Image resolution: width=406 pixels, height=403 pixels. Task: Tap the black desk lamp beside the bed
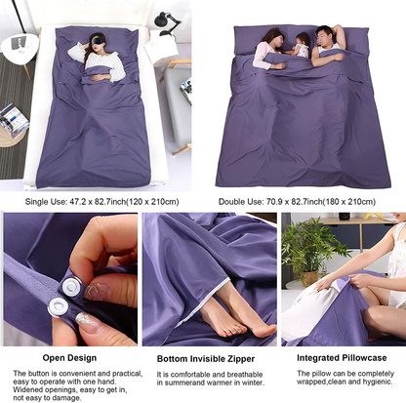[x=167, y=22]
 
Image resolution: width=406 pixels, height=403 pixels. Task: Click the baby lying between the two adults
[x=301, y=46]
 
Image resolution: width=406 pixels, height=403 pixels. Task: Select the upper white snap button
[x=71, y=286]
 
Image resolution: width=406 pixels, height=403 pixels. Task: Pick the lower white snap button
[x=59, y=306]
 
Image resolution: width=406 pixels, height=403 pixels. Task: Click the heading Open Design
[x=69, y=358]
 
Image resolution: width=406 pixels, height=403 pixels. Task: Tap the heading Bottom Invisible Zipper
[x=206, y=359]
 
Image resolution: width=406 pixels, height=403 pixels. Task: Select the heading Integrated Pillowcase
[x=342, y=358]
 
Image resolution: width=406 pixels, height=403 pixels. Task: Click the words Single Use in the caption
[x=46, y=202]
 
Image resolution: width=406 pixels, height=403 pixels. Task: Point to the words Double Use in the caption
[x=240, y=202]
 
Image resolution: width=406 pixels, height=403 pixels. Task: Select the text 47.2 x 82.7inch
[x=98, y=202]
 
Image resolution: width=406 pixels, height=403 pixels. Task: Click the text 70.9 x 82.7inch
[x=294, y=202]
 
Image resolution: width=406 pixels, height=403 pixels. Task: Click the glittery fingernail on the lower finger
[x=87, y=320]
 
